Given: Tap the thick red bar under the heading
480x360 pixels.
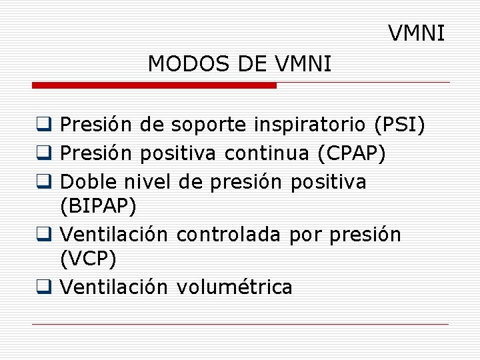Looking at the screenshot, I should pyautogui.click(x=154, y=85).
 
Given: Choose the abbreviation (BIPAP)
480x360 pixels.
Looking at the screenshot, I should pyautogui.click(x=98, y=206).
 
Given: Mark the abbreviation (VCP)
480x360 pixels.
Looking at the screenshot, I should pyautogui.click(x=88, y=258).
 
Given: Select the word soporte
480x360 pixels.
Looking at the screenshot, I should pyautogui.click(x=209, y=125).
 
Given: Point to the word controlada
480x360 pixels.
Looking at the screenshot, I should pyautogui.click(x=230, y=235).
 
